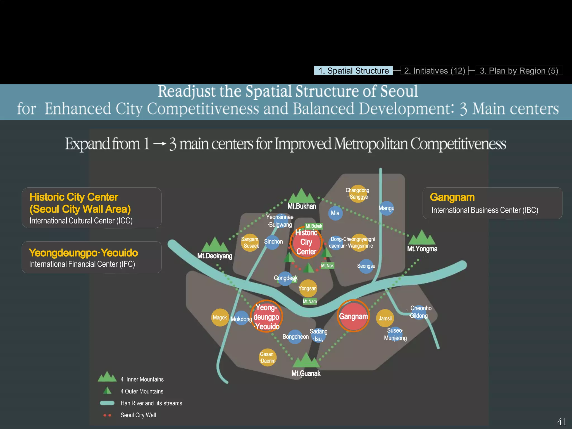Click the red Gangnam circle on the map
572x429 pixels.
pyautogui.click(x=353, y=316)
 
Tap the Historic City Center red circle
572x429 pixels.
pyautogui.click(x=306, y=242)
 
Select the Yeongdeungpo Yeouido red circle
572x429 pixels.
pyautogui.click(x=266, y=316)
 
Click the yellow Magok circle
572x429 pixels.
pyautogui.click(x=220, y=318)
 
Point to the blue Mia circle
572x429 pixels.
pyautogui.click(x=335, y=213)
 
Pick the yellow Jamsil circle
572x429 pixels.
pyautogui.click(x=385, y=318)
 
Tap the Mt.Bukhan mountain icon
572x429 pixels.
pyautogui.click(x=301, y=196)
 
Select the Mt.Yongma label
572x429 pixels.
pyautogui.click(x=422, y=249)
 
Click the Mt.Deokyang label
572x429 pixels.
pyautogui.click(x=214, y=256)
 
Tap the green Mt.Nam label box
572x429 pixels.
pyautogui.click(x=310, y=301)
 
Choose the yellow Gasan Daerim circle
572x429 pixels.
pyautogui.click(x=268, y=357)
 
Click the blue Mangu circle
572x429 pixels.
pyautogui.click(x=387, y=208)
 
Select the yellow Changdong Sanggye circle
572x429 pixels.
pyautogui.click(x=358, y=194)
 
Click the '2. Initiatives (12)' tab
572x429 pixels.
pyautogui.click(x=435, y=71)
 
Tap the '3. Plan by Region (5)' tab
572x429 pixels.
pyautogui.click(x=519, y=71)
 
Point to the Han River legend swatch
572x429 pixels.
pyautogui.click(x=107, y=403)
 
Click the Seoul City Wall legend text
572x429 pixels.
pyautogui.click(x=138, y=415)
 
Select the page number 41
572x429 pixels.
pyautogui.click(x=561, y=421)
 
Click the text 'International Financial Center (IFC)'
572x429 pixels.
pyautogui.click(x=82, y=264)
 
